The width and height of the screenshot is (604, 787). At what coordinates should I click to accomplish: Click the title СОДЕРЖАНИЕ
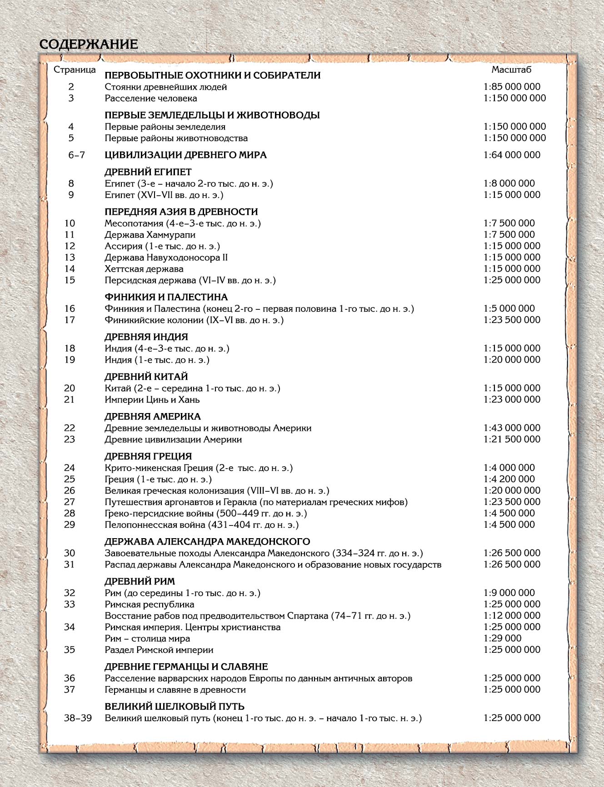[x=88, y=45]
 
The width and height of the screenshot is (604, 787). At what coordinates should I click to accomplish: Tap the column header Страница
[x=75, y=70]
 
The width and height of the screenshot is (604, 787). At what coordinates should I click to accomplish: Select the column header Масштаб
[x=511, y=70]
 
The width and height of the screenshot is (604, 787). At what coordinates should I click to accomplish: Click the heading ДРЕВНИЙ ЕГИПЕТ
[x=148, y=172]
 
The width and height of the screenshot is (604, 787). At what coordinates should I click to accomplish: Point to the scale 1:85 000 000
[x=512, y=86]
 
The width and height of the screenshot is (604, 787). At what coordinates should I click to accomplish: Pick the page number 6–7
[x=76, y=155]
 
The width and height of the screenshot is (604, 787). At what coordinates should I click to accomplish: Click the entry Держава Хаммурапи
[x=150, y=235]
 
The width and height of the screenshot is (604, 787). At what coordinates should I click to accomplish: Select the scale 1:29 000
[x=502, y=638]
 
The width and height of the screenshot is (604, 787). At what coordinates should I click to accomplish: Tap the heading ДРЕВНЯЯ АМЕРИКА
[x=153, y=416]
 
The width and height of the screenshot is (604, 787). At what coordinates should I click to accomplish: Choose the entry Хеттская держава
[x=144, y=269]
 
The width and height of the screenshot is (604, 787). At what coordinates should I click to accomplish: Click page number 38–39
[x=78, y=718]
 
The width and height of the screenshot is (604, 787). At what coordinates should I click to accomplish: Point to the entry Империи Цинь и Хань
[x=152, y=399]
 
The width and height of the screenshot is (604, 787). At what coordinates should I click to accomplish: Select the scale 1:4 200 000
[x=509, y=479]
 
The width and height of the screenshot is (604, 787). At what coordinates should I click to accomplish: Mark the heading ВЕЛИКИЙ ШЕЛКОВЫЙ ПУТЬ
[x=175, y=706]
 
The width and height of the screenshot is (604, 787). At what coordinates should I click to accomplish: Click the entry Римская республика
[x=150, y=604]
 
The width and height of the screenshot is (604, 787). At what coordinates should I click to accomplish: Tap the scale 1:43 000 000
[x=512, y=428]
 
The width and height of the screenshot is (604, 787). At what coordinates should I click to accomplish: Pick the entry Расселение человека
[x=151, y=98]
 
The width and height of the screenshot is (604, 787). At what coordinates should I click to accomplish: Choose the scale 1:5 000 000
[x=509, y=308]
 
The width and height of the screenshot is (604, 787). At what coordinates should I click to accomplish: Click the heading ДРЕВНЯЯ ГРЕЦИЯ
[x=148, y=456]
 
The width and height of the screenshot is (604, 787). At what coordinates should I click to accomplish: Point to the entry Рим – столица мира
[x=147, y=638]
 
